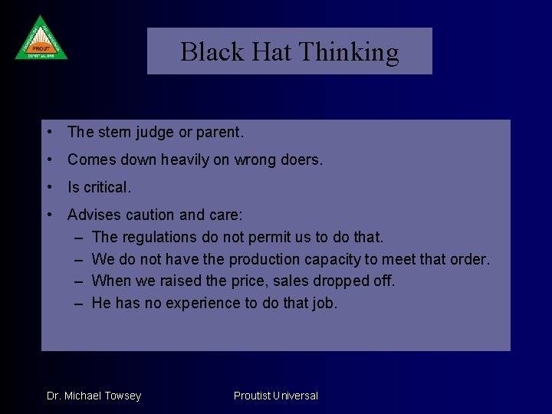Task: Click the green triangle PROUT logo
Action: pyautogui.click(x=41, y=39)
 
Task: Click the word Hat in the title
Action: pyautogui.click(x=269, y=52)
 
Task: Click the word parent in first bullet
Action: pyautogui.click(x=218, y=133)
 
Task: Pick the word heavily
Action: pyautogui.click(x=189, y=160)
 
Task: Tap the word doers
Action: pyautogui.click(x=302, y=160)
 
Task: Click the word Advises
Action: pyautogui.click(x=94, y=215)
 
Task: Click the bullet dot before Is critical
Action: pyautogui.click(x=50, y=187)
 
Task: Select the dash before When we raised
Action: pyautogui.click(x=79, y=281)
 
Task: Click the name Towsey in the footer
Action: pyautogui.click(x=123, y=396)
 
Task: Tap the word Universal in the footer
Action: pyautogui.click(x=294, y=396)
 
